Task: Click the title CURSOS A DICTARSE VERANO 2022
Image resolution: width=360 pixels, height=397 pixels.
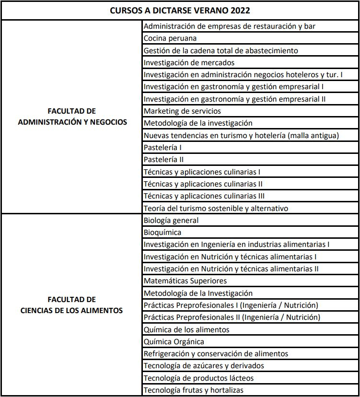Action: [180, 10]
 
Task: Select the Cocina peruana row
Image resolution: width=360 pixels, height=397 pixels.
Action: [170, 38]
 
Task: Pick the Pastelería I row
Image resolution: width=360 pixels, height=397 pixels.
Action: [163, 147]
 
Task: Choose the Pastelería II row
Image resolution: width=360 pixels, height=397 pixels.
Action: [163, 160]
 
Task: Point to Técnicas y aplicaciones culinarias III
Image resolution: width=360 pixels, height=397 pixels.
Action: [204, 196]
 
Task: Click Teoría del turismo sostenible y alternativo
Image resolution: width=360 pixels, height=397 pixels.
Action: [216, 208]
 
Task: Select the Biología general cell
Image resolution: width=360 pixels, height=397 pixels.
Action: [171, 221]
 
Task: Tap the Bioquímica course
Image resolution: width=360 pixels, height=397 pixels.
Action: [163, 233]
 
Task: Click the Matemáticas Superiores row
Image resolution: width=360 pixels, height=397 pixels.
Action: [185, 281]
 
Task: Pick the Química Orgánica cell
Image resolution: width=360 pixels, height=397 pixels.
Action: [174, 341]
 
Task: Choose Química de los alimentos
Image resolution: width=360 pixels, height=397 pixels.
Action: [186, 329]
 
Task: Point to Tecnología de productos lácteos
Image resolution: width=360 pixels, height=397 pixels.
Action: [198, 378]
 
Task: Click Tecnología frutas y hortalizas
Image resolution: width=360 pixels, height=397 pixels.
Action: [194, 390]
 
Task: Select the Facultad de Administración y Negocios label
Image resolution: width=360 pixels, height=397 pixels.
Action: [72, 117]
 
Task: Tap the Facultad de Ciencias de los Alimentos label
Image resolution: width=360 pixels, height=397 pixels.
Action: [72, 305]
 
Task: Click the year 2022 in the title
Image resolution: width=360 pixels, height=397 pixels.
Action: [240, 10]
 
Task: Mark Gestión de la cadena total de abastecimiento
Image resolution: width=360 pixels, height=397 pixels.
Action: [221, 50]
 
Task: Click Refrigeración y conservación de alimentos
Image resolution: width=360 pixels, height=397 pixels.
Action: [216, 353]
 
